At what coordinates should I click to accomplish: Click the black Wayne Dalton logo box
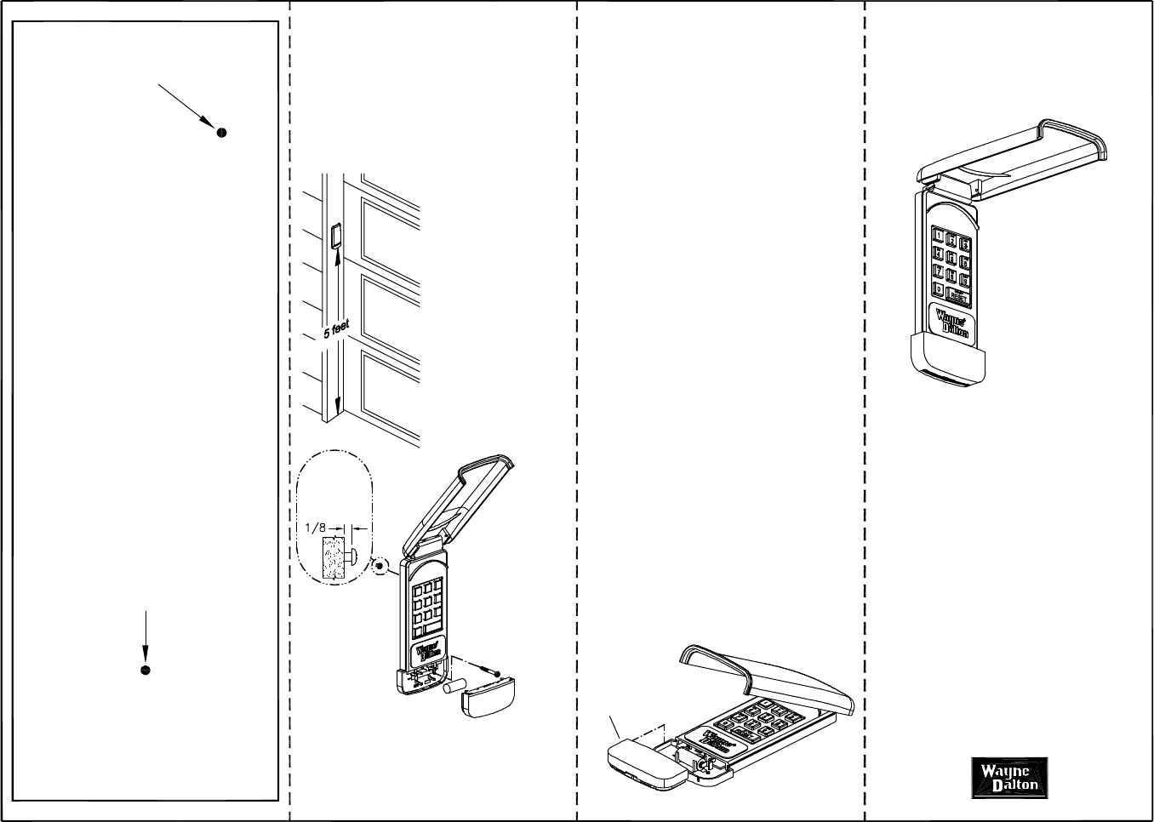tap(1009, 778)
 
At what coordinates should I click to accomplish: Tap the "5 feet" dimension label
tap(336, 329)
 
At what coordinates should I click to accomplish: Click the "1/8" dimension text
tap(315, 528)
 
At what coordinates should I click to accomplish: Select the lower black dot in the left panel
tap(146, 671)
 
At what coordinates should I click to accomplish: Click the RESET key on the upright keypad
tap(958, 295)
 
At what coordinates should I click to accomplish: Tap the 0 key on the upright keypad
tap(938, 290)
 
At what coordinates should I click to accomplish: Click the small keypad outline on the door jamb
tap(335, 236)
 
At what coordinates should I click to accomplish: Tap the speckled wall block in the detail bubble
tap(334, 558)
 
